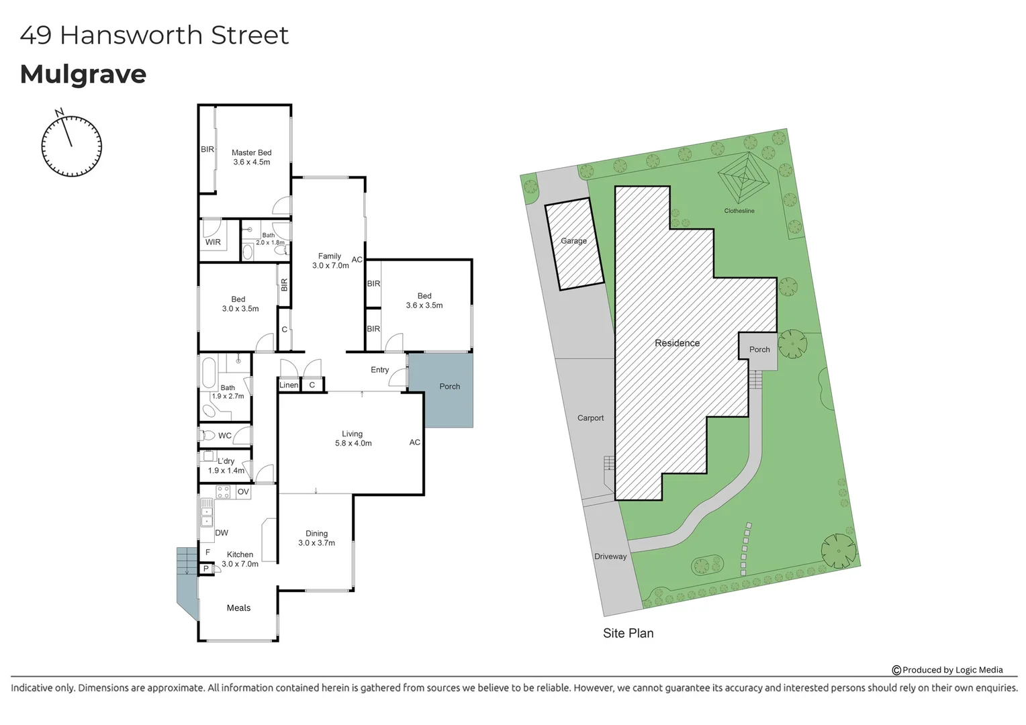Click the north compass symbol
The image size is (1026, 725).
pos(71,146)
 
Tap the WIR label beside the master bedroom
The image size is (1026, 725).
pos(213,242)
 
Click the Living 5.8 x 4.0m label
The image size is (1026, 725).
pos(353,438)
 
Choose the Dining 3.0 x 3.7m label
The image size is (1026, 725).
pos(316,538)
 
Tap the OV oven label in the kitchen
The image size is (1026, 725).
pos(243,492)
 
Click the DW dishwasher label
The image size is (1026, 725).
pos(222,533)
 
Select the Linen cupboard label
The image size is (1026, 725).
pos(289,385)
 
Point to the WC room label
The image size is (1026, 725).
pos(225,436)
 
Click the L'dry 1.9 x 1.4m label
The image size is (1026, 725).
pos(226,466)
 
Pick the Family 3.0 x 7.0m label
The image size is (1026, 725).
pos(330,260)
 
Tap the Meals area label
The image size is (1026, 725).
pos(238,608)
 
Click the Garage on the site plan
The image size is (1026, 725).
pos(573,241)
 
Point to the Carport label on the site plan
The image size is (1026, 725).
pos(591,418)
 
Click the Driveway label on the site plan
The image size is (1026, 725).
pos(610,557)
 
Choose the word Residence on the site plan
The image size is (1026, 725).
pos(677,343)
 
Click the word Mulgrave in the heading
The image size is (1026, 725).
pos(83,75)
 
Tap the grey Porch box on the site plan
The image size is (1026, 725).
pos(759,350)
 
